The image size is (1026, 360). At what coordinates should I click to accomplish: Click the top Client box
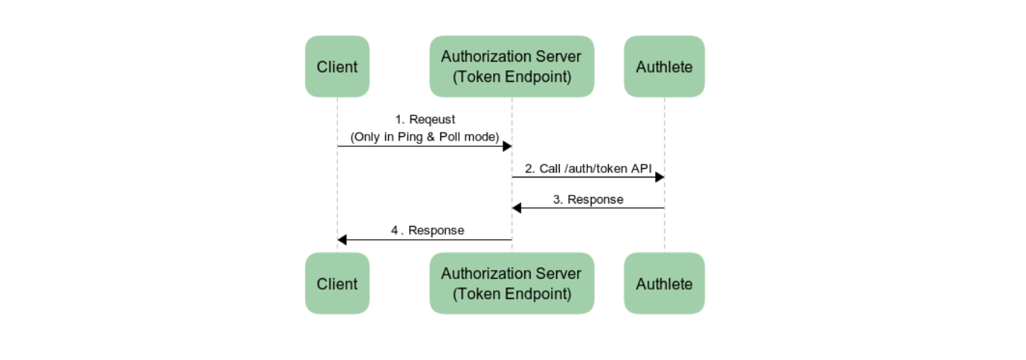coord(337,67)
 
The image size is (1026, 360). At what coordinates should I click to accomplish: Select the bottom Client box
coord(337,283)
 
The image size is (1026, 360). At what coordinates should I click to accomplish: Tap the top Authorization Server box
coord(512,67)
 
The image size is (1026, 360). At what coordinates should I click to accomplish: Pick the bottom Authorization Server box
coord(512,283)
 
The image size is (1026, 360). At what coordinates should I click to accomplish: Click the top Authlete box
coord(664,67)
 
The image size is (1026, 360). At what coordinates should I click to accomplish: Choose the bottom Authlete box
coord(664,283)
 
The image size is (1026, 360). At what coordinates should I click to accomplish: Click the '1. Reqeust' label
coord(425,120)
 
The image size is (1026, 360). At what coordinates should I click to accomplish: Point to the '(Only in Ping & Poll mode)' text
coord(424,137)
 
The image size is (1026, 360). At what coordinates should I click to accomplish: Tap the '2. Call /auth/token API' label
coord(588,169)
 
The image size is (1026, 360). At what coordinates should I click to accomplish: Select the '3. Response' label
coord(588,200)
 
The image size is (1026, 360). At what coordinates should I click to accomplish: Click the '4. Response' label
coord(427,230)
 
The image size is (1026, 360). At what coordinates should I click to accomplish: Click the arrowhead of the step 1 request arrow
coord(508,146)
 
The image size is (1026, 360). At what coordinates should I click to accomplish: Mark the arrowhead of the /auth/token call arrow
coord(660,177)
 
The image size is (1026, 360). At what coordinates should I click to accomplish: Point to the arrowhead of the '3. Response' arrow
coord(517,208)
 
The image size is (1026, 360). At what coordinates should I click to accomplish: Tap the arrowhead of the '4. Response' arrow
coord(342,240)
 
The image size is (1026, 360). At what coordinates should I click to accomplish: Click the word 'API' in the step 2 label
coord(642,169)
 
